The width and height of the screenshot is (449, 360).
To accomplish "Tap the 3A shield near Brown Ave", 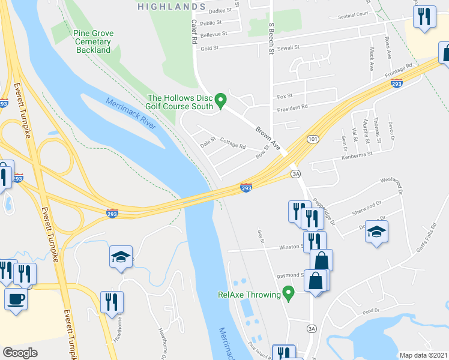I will pos(295,173).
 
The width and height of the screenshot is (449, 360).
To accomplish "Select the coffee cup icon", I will pos(16,298).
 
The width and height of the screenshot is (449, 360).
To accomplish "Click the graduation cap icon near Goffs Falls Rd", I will pos(376,232).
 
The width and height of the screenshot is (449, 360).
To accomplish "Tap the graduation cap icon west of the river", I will pos(121,257).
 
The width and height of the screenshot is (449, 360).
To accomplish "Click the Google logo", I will pos(20,353).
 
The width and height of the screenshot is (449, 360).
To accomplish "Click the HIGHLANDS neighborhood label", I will pos(172,6).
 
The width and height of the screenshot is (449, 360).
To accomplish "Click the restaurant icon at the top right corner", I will pos(424,16).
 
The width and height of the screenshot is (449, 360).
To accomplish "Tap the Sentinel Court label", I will pos(353,14).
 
